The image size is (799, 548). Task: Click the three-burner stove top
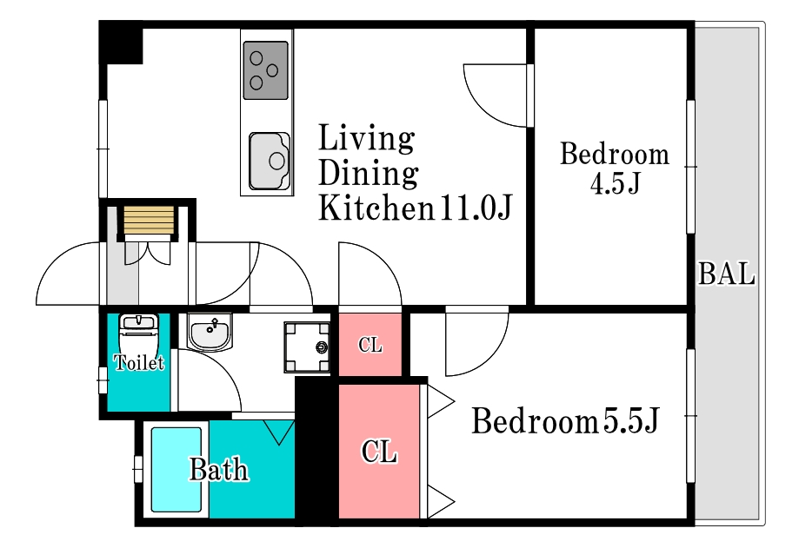(x=265, y=70)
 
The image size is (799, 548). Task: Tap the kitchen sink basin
(x=270, y=161)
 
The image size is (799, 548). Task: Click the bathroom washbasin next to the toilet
(x=210, y=332)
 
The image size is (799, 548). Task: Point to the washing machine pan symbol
(x=307, y=347)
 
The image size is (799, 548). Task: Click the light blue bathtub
(x=176, y=470)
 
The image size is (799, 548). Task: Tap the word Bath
(x=219, y=470)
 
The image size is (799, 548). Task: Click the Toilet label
(x=138, y=362)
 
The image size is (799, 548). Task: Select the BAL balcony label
(x=727, y=274)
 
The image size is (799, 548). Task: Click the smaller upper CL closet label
(x=370, y=345)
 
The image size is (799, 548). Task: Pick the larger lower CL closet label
(x=379, y=451)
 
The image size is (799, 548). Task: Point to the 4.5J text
(x=615, y=184)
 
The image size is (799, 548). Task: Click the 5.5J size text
(x=631, y=421)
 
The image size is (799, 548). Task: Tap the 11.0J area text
(x=476, y=207)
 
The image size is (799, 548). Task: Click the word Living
(x=366, y=137)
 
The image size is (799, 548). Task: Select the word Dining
(x=369, y=173)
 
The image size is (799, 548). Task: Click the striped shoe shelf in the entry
(x=149, y=220)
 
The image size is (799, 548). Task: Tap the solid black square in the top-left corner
(x=121, y=43)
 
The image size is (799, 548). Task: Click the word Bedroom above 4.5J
(x=615, y=155)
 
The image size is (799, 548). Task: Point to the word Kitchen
(x=376, y=207)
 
